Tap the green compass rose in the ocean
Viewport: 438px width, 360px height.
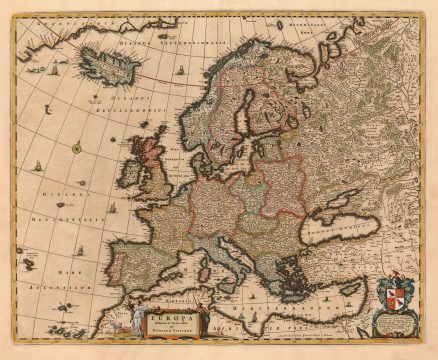75,148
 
